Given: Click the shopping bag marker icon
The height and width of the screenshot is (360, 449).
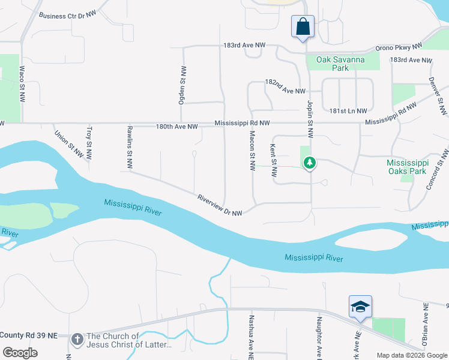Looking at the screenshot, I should tap(303, 27).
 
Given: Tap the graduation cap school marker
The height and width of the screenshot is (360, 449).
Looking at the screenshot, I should tap(360, 307).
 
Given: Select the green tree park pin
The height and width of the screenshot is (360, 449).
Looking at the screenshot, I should tap(310, 163).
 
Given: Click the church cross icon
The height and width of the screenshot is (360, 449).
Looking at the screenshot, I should tap(77, 340).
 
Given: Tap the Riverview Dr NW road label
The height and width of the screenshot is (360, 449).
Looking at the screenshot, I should tap(220, 205).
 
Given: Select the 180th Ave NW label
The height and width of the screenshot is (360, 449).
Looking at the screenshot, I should tap(176, 127).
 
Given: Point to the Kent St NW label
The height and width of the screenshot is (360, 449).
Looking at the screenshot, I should tap(273, 160).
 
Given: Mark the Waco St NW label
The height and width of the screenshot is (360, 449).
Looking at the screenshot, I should tap(22, 84).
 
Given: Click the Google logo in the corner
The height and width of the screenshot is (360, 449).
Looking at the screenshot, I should tap(19, 352).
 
